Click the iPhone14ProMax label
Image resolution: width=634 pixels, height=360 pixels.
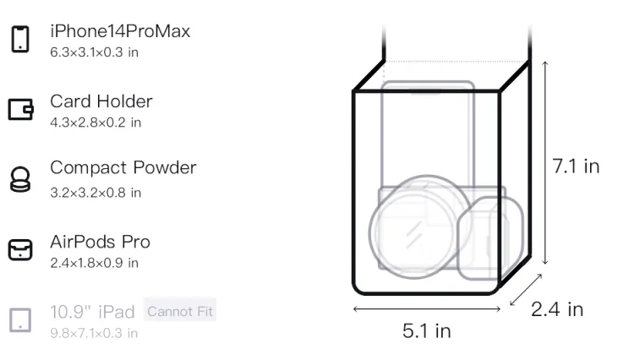(120, 31)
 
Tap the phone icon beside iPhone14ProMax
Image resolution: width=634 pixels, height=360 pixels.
(20, 39)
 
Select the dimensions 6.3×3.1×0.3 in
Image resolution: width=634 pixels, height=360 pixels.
(94, 52)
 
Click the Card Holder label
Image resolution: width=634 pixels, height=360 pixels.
(101, 101)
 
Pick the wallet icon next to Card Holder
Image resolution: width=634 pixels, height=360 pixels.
(20, 110)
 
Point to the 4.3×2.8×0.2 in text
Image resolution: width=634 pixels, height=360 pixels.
(96, 123)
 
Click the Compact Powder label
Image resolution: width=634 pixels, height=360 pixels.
(123, 167)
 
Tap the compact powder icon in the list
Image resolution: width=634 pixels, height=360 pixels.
(20, 179)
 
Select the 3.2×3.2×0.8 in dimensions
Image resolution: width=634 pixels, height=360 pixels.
(96, 193)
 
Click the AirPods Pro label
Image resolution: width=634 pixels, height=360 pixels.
(101, 242)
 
